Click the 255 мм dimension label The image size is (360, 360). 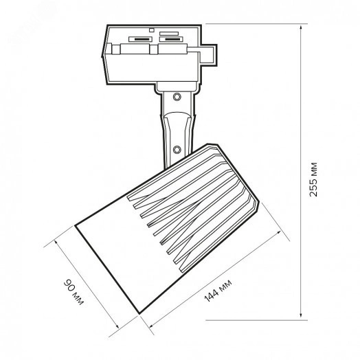[313, 179]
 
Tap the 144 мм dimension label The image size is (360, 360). [218, 291]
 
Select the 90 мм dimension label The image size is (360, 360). [74, 292]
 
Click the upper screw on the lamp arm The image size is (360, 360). [177, 97]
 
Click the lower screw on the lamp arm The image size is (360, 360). [177, 150]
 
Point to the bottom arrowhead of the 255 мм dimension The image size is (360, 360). [301, 317]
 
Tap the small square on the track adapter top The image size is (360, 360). [151, 30]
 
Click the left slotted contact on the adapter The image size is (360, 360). [141, 39]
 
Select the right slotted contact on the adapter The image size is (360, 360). [171, 39]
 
